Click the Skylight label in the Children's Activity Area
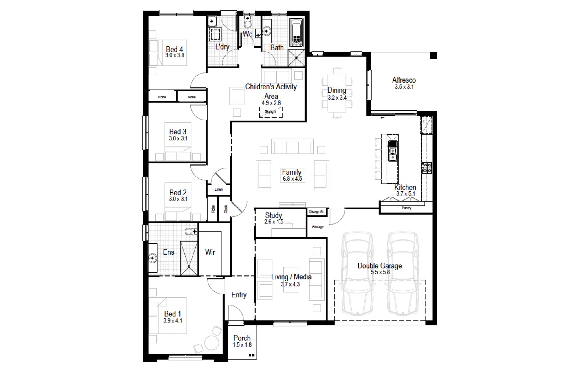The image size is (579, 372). tap(270, 111)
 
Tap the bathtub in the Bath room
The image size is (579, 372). tap(296, 32)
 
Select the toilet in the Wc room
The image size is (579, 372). tap(248, 22)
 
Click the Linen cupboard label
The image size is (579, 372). tap(219, 190)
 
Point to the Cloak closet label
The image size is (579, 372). tap(226, 209)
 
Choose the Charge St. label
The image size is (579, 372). tap(316, 212)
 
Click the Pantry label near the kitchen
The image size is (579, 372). tap(406, 208)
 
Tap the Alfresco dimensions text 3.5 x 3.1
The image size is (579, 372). tap(404, 87)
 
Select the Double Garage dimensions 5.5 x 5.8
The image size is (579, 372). tap(380, 272)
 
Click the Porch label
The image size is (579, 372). tap(242, 338)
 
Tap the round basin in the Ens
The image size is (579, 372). tap(153, 258)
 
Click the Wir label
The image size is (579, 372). tap(210, 252)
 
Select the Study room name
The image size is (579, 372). tap(273, 215)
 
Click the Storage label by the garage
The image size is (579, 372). tap(318, 227)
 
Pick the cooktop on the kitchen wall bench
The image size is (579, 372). tap(427, 168)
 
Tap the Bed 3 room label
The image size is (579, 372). tap(178, 132)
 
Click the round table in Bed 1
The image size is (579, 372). tap(212, 343)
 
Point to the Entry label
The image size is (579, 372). tap(239, 295)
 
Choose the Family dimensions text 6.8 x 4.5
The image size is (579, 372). tap(292, 179)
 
